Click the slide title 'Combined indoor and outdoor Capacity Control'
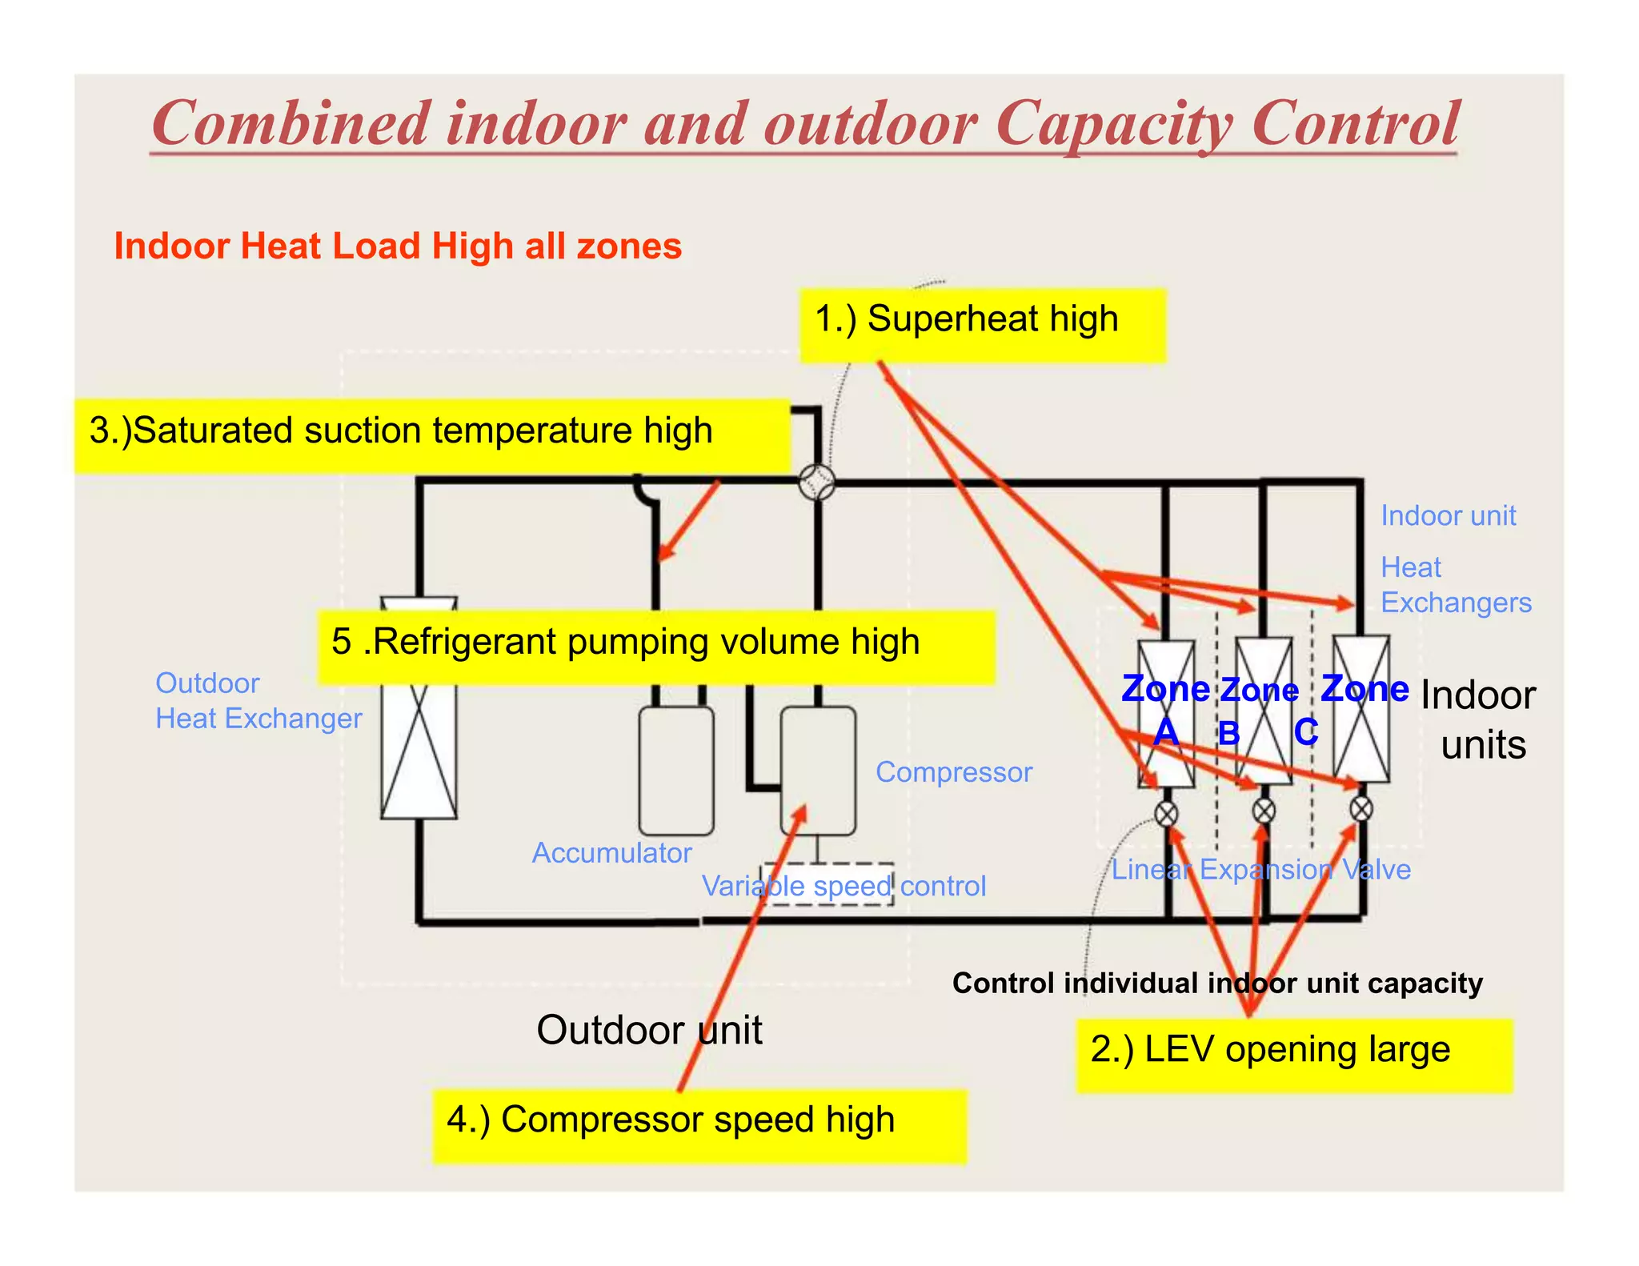click(805, 124)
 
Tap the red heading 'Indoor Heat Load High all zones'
click(398, 246)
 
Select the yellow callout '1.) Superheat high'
click(983, 326)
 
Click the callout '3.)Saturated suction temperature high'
click(432, 436)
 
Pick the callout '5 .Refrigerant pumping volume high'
click(656, 647)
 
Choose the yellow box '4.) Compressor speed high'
click(699, 1126)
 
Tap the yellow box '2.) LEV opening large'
click(1294, 1056)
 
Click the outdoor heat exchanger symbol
click(419, 708)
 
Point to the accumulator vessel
click(676, 771)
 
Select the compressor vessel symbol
click(818, 771)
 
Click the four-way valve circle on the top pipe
click(817, 483)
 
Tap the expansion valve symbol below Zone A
click(1167, 814)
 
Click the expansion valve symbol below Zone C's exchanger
click(1361, 809)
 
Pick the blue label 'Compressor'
click(954, 772)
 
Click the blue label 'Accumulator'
click(611, 853)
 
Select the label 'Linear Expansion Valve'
click(1260, 870)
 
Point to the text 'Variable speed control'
click(844, 887)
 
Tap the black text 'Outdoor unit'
click(649, 1030)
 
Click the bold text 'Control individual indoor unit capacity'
click(1217, 984)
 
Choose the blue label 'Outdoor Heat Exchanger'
click(258, 701)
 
